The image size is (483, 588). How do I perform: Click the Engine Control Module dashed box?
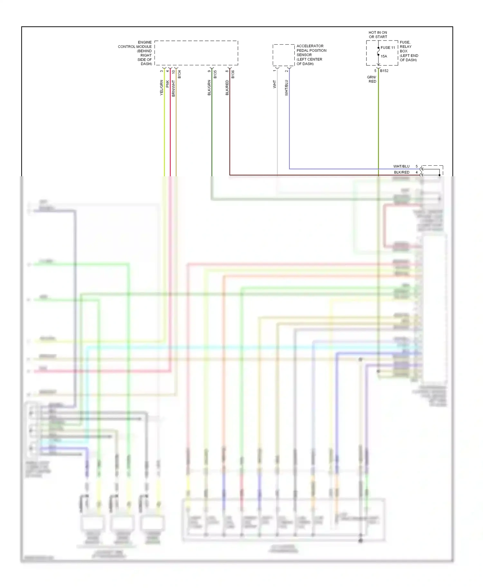196,53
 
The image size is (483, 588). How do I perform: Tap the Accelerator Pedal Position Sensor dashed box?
283,55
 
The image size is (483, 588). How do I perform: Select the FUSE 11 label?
388,48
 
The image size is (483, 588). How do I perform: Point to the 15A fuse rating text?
384,56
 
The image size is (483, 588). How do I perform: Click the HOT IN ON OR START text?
378,35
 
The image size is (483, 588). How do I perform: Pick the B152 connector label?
384,71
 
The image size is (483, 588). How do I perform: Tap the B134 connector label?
179,74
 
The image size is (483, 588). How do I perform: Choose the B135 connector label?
215,74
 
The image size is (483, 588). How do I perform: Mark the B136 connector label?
233,74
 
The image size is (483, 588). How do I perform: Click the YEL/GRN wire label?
162,87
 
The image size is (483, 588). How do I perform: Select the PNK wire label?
167,84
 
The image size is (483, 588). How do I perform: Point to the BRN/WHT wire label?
173,88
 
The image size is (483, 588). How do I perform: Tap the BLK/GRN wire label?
209,87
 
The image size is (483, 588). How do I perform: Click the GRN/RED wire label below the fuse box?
372,79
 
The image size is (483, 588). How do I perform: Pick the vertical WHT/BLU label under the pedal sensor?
286,88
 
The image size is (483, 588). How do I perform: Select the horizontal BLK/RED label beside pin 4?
402,172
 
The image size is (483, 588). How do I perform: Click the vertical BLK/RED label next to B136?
227,87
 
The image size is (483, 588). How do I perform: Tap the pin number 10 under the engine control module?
173,72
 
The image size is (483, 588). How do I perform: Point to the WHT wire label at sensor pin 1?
274,84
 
